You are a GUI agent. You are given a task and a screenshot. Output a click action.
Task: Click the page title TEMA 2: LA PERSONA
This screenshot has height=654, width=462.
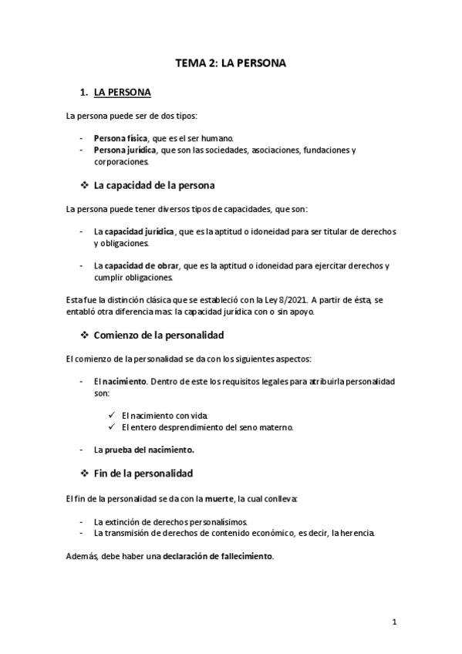coord(231,64)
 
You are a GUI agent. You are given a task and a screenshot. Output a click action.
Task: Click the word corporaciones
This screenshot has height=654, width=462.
coord(122,162)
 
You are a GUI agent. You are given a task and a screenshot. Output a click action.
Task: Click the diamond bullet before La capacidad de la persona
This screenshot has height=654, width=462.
coord(84,186)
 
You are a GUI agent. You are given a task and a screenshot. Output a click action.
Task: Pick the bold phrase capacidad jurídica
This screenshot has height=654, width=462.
coord(140,231)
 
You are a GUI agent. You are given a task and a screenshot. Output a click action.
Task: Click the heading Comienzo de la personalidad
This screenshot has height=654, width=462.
coord(158,336)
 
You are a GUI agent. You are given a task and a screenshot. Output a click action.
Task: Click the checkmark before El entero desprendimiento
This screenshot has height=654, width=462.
coord(113,427)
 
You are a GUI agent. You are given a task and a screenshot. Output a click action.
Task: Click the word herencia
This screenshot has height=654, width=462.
coord(355,533)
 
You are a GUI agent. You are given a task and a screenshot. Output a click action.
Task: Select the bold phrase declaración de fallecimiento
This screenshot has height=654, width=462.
coord(218,556)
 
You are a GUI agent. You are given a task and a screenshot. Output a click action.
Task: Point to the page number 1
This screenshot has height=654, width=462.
coord(394,622)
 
